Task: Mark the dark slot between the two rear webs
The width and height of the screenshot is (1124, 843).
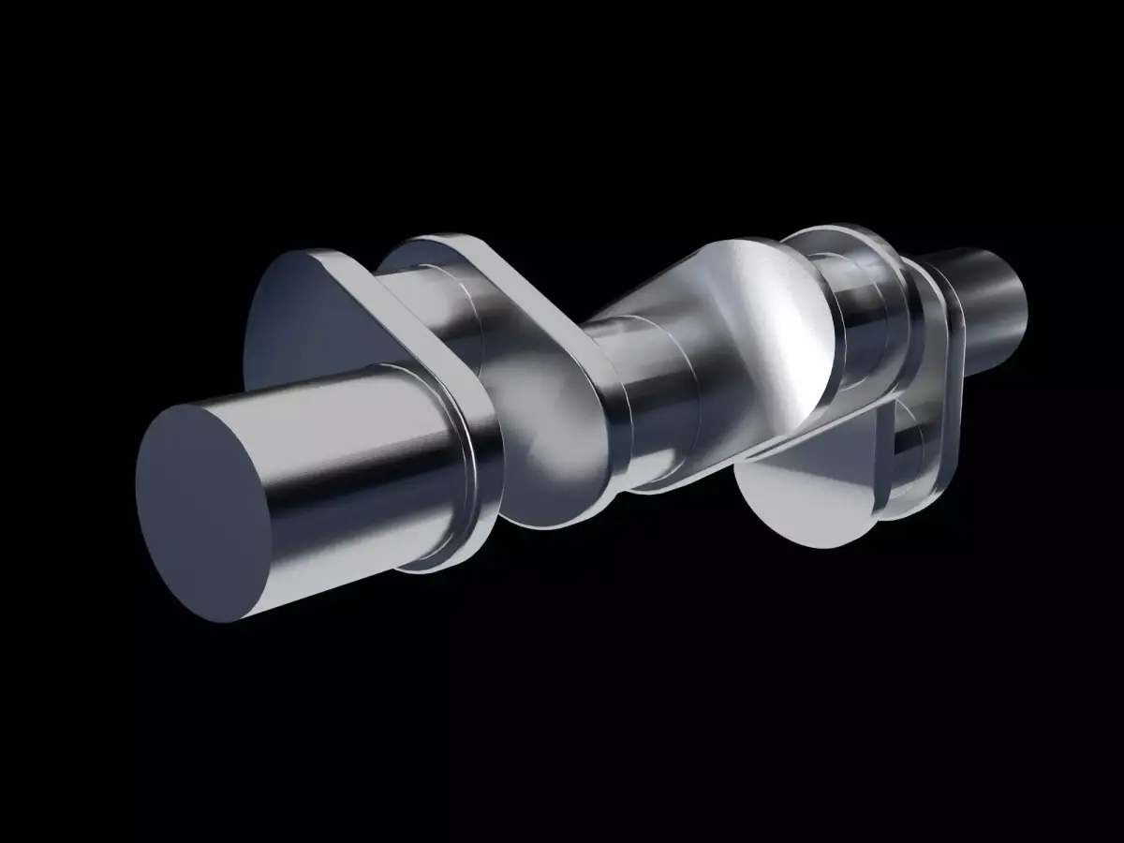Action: pos(904,440)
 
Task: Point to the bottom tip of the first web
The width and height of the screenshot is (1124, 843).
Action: pos(421,562)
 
